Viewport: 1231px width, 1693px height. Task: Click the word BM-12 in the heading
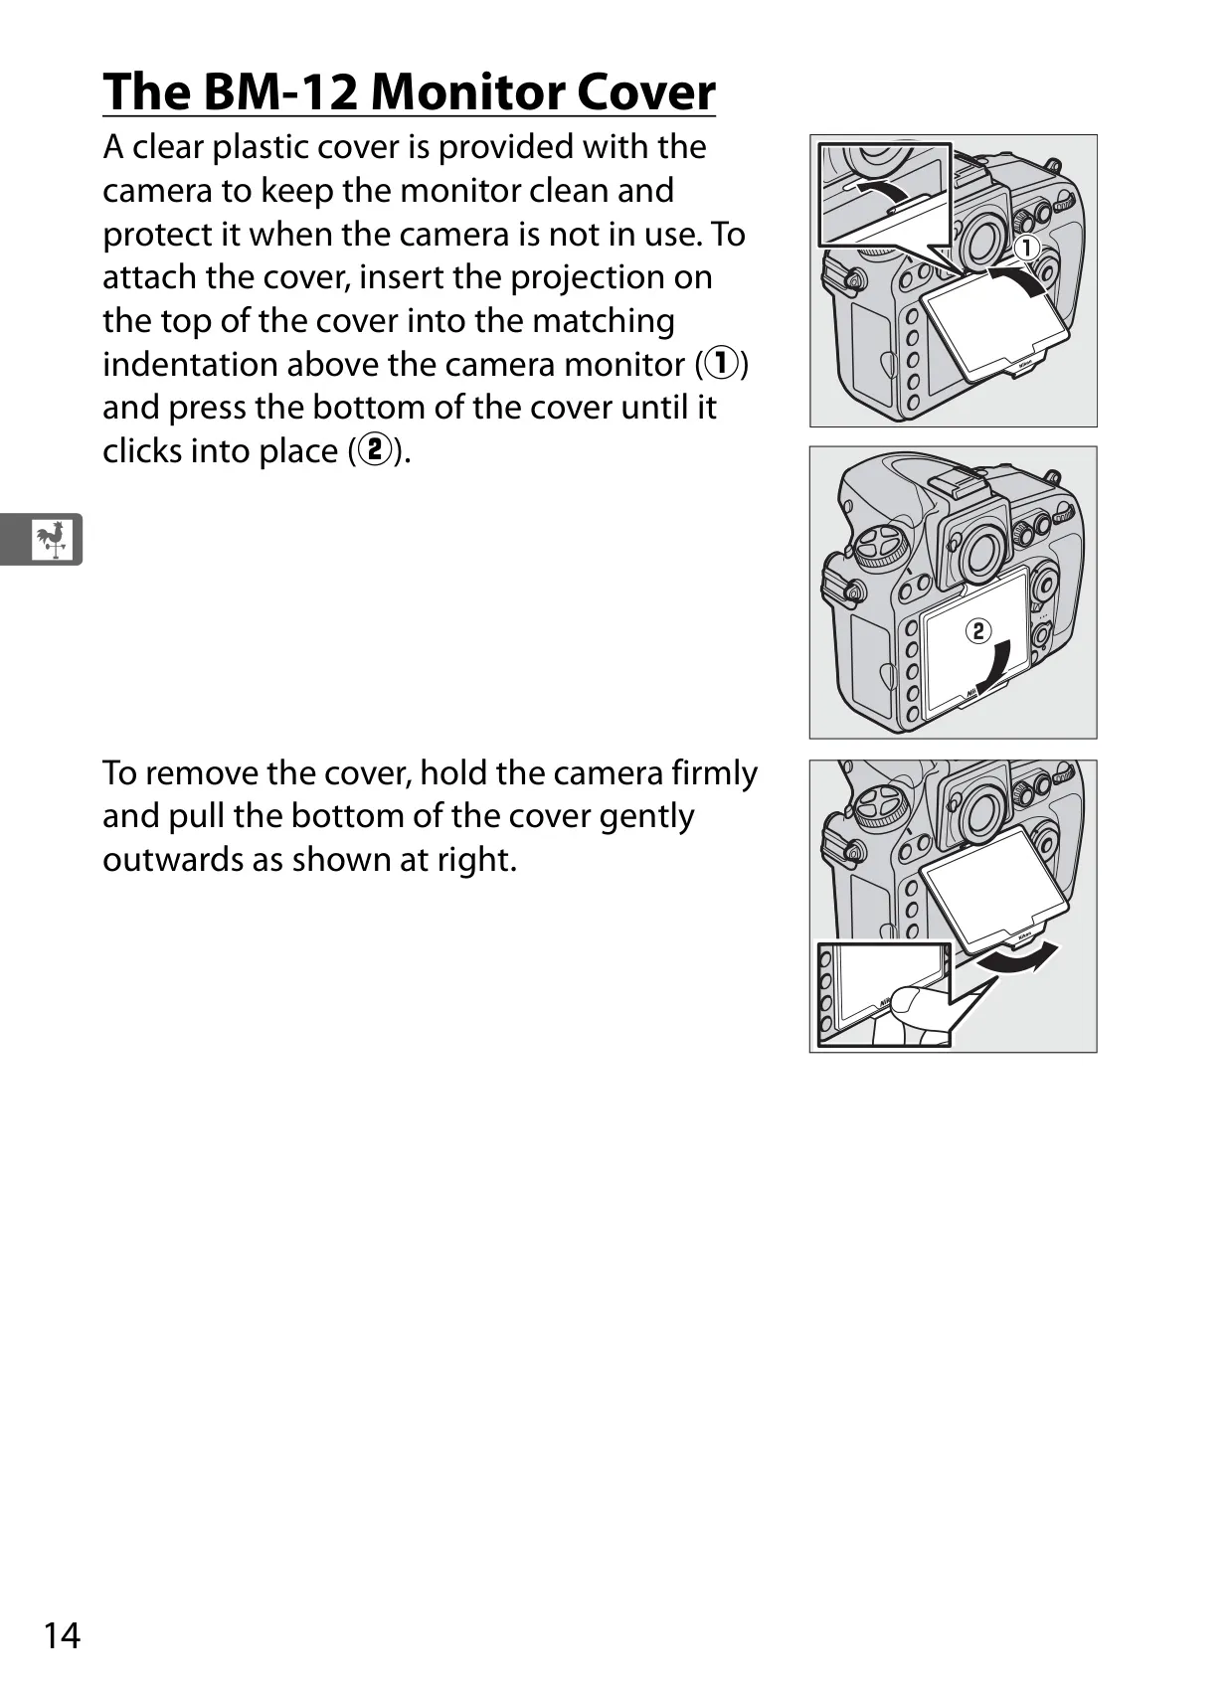click(x=280, y=91)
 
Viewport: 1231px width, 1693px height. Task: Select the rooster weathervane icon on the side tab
click(x=53, y=540)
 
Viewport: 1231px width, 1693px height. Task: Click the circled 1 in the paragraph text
click(x=721, y=364)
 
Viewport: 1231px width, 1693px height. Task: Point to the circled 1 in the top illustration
click(x=1026, y=248)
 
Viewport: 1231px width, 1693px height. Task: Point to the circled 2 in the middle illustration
click(x=977, y=630)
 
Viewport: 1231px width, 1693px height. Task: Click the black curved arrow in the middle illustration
click(x=998, y=665)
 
